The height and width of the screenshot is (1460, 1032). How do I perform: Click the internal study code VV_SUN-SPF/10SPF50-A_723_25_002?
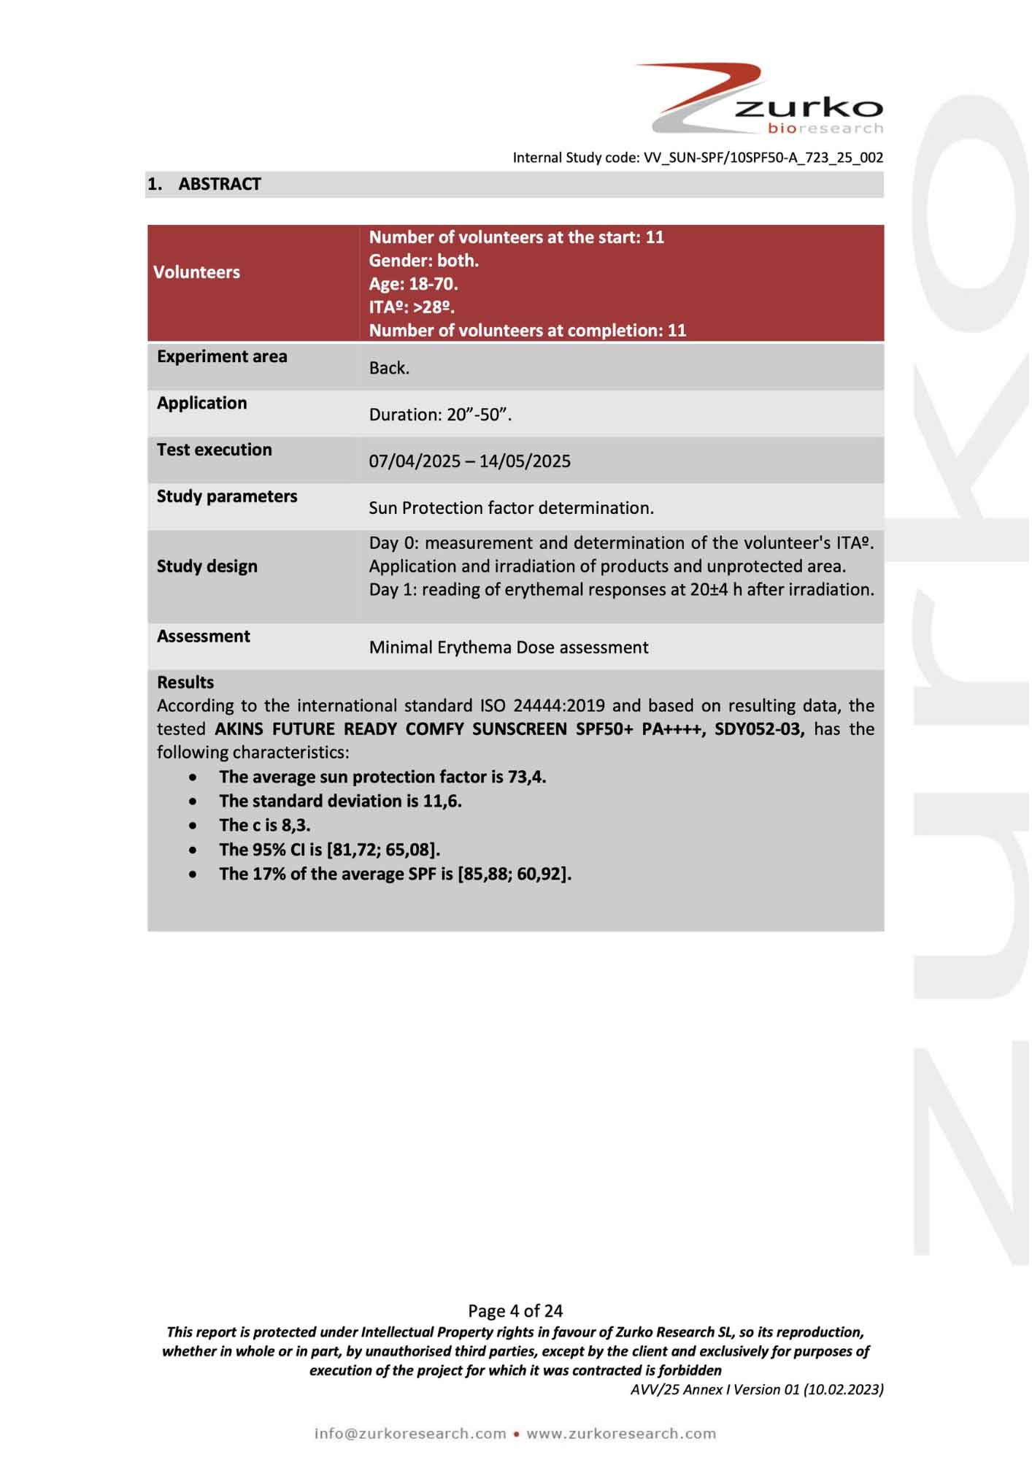point(763,158)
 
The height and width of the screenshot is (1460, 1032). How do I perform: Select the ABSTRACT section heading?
point(219,184)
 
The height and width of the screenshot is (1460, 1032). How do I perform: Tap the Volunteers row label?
point(196,272)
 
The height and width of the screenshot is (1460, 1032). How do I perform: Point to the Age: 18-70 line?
point(413,284)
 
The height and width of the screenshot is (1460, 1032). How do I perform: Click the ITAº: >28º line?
point(412,307)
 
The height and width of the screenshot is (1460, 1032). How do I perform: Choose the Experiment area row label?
point(222,357)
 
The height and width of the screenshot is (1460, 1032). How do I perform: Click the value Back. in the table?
point(389,368)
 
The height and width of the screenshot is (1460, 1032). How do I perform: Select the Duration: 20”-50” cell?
point(440,415)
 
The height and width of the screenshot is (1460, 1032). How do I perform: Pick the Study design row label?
point(207,566)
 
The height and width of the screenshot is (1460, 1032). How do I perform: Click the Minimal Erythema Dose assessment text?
point(509,648)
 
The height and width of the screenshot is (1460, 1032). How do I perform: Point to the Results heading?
point(185,683)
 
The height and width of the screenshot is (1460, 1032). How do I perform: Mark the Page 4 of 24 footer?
point(515,1311)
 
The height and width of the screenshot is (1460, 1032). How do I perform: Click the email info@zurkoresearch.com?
point(410,1433)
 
